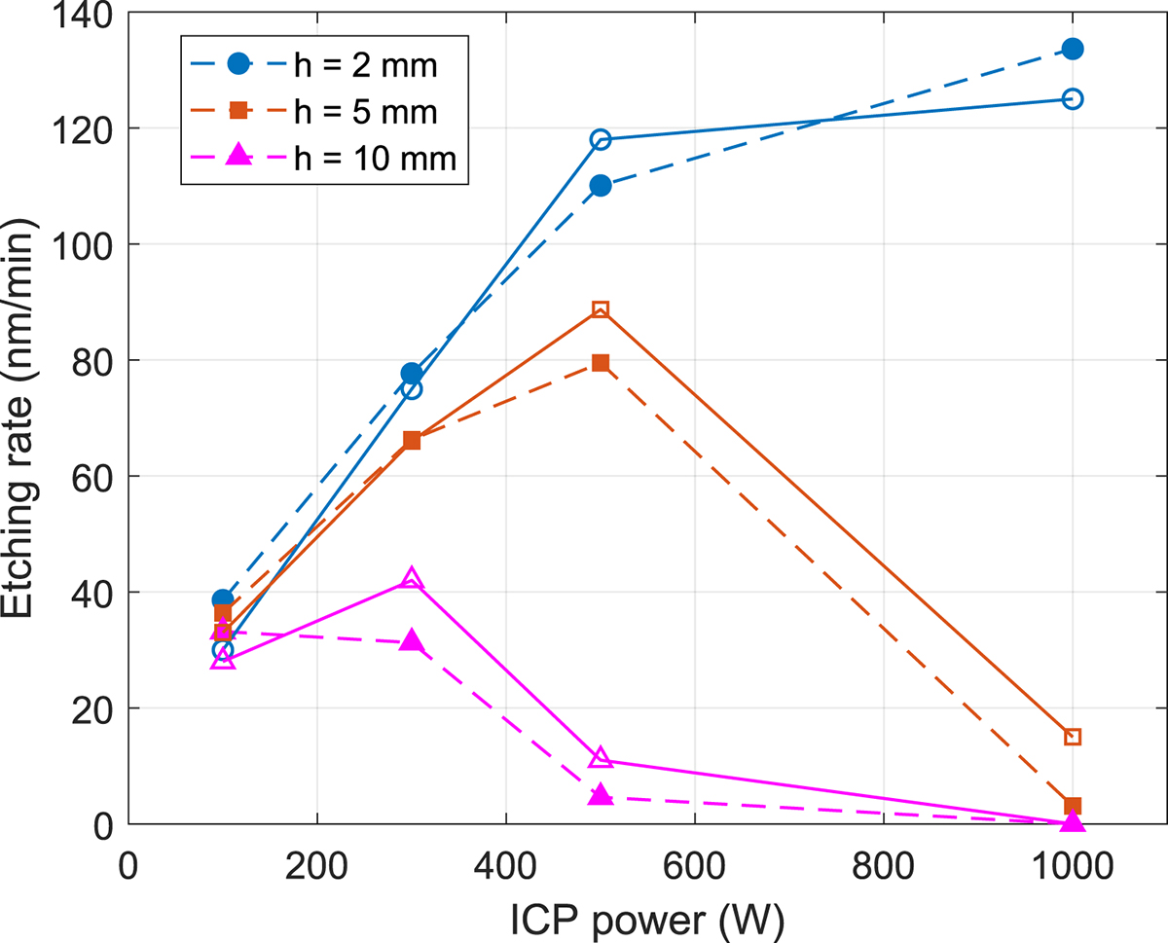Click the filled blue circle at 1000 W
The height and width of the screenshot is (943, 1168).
[x=1073, y=49]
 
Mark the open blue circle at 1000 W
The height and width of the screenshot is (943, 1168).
[x=1073, y=98]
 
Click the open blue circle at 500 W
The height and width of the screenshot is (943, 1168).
[x=601, y=139]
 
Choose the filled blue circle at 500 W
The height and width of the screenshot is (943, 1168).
[x=601, y=185]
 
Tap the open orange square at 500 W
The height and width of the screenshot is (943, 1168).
[x=601, y=309]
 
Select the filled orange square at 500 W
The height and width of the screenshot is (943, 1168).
[x=601, y=363]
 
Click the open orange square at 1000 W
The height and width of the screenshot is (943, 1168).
[x=1073, y=737]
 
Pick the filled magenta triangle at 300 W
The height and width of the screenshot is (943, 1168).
[x=412, y=640]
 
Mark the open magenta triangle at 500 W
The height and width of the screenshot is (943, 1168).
[x=601, y=758]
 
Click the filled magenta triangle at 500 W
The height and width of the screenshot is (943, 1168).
[x=601, y=795]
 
